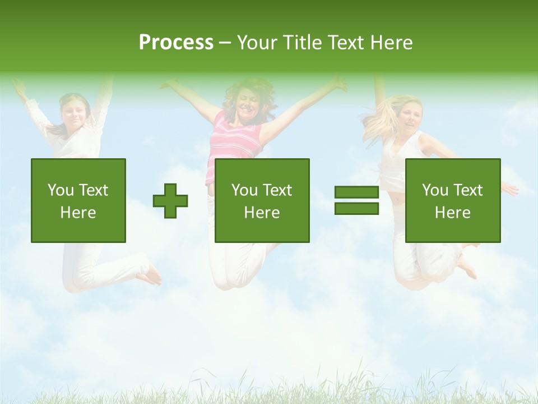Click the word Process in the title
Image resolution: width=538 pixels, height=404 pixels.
(176, 43)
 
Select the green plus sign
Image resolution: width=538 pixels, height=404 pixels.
(170, 201)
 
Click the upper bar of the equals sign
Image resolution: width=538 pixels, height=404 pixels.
(356, 192)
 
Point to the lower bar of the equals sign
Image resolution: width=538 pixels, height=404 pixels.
(356, 209)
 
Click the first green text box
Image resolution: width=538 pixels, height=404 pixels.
(78, 201)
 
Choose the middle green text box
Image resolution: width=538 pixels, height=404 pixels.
(262, 201)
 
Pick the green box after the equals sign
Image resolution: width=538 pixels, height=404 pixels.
(452, 201)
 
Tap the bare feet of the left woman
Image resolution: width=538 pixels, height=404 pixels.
(150, 275)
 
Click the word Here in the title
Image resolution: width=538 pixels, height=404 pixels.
(390, 43)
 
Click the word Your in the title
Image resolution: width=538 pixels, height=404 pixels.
(257, 43)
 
